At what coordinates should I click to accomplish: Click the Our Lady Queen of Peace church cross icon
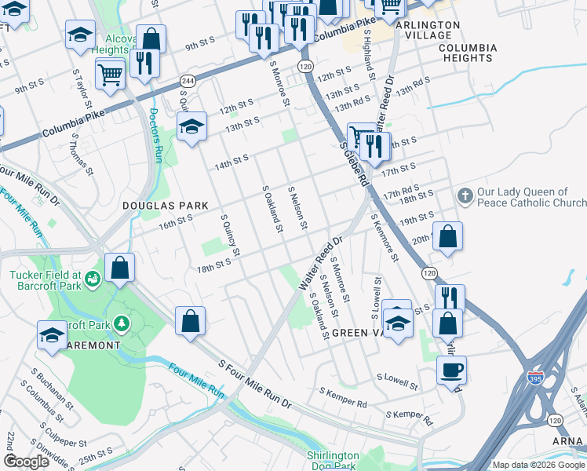pyautogui.click(x=465, y=195)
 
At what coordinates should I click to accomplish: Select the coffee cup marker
pyautogui.click(x=451, y=370)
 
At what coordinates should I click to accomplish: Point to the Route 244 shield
pyautogui.click(x=188, y=81)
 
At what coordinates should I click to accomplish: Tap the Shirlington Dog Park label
pyautogui.click(x=333, y=461)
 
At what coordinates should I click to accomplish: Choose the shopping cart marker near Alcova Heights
pyautogui.click(x=110, y=75)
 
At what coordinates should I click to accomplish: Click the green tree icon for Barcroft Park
pyautogui.click(x=121, y=323)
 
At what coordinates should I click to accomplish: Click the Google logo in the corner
pyautogui.click(x=27, y=462)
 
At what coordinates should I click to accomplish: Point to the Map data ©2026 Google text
pyautogui.click(x=538, y=465)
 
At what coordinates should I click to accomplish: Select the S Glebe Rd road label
pyautogui.click(x=355, y=163)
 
